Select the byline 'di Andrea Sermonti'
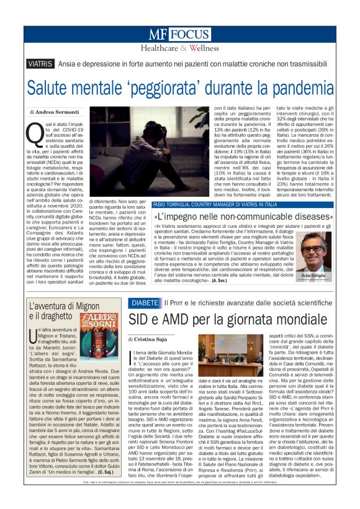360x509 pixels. pos(55,112)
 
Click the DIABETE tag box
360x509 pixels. pos(145,302)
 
